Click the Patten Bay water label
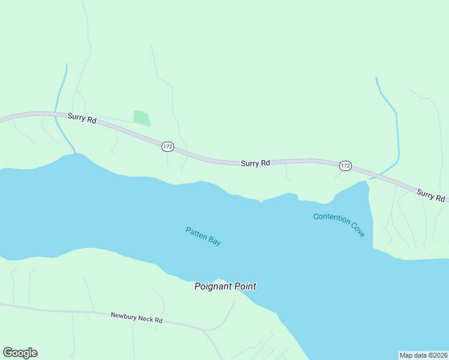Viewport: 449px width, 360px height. (203, 236)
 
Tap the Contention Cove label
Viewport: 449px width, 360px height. (339, 225)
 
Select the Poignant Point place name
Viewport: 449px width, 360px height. (225, 287)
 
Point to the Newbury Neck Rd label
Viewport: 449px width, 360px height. (137, 317)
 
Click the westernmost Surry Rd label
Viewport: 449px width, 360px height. (82, 119)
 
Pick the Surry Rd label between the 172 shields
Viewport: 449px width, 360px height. (255, 163)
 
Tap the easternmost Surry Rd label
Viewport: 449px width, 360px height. (430, 195)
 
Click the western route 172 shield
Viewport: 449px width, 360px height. (167, 146)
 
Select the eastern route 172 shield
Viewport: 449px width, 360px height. (345, 165)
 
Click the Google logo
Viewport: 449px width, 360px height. (20, 353)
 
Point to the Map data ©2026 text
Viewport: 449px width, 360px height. (424, 355)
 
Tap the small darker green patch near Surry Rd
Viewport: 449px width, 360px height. (141, 118)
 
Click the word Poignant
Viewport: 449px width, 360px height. (212, 287)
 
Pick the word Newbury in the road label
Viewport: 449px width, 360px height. (124, 315)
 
